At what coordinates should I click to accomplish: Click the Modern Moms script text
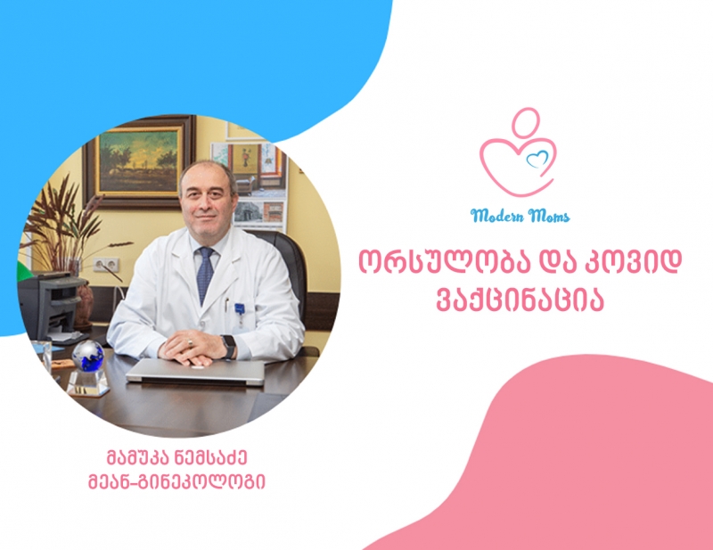pyautogui.click(x=520, y=215)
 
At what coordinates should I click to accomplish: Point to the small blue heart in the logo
pyautogui.click(x=537, y=160)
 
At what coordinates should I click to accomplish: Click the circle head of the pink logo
pyautogui.click(x=526, y=122)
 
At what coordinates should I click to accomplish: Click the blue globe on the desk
pyautogui.click(x=87, y=356)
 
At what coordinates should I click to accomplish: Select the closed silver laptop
pyautogui.click(x=195, y=372)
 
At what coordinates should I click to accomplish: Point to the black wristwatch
pyautogui.click(x=229, y=346)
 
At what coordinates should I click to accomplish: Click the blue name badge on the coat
pyautogui.click(x=240, y=309)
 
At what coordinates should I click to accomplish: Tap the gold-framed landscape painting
pyautogui.click(x=139, y=160)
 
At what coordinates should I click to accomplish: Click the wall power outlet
pyautogui.click(x=106, y=265)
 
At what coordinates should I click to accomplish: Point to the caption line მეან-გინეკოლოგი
pyautogui.click(x=176, y=482)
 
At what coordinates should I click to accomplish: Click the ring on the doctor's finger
pyautogui.click(x=190, y=342)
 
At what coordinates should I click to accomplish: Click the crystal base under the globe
pyautogui.click(x=88, y=383)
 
